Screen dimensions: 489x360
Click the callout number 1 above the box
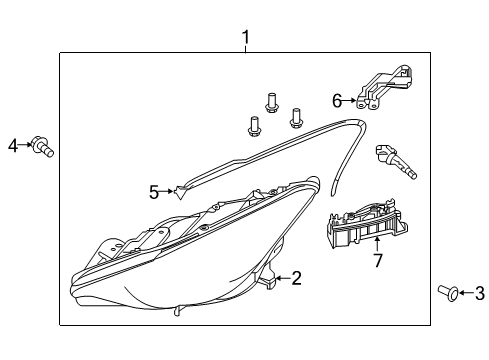click(246, 38)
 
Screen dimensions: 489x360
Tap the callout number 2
click(296, 278)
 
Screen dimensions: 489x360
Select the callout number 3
click(479, 293)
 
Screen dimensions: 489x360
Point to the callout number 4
click(13, 145)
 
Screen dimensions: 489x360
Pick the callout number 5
click(154, 192)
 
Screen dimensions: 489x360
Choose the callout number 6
click(337, 101)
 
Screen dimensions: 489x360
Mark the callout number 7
click(377, 260)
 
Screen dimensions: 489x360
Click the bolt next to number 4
click(43, 147)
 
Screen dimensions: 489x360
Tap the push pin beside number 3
click(448, 293)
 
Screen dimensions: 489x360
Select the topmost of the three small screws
click(272, 103)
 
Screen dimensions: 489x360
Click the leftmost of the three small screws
click(254, 126)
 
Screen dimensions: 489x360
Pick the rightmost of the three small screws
click(295, 118)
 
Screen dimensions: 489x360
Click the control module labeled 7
click(367, 222)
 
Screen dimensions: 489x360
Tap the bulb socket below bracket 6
click(395, 161)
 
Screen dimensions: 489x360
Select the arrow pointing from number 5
click(166, 191)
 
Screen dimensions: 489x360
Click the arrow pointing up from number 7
click(377, 244)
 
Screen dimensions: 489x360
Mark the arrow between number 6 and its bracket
click(349, 100)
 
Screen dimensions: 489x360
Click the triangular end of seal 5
click(179, 192)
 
